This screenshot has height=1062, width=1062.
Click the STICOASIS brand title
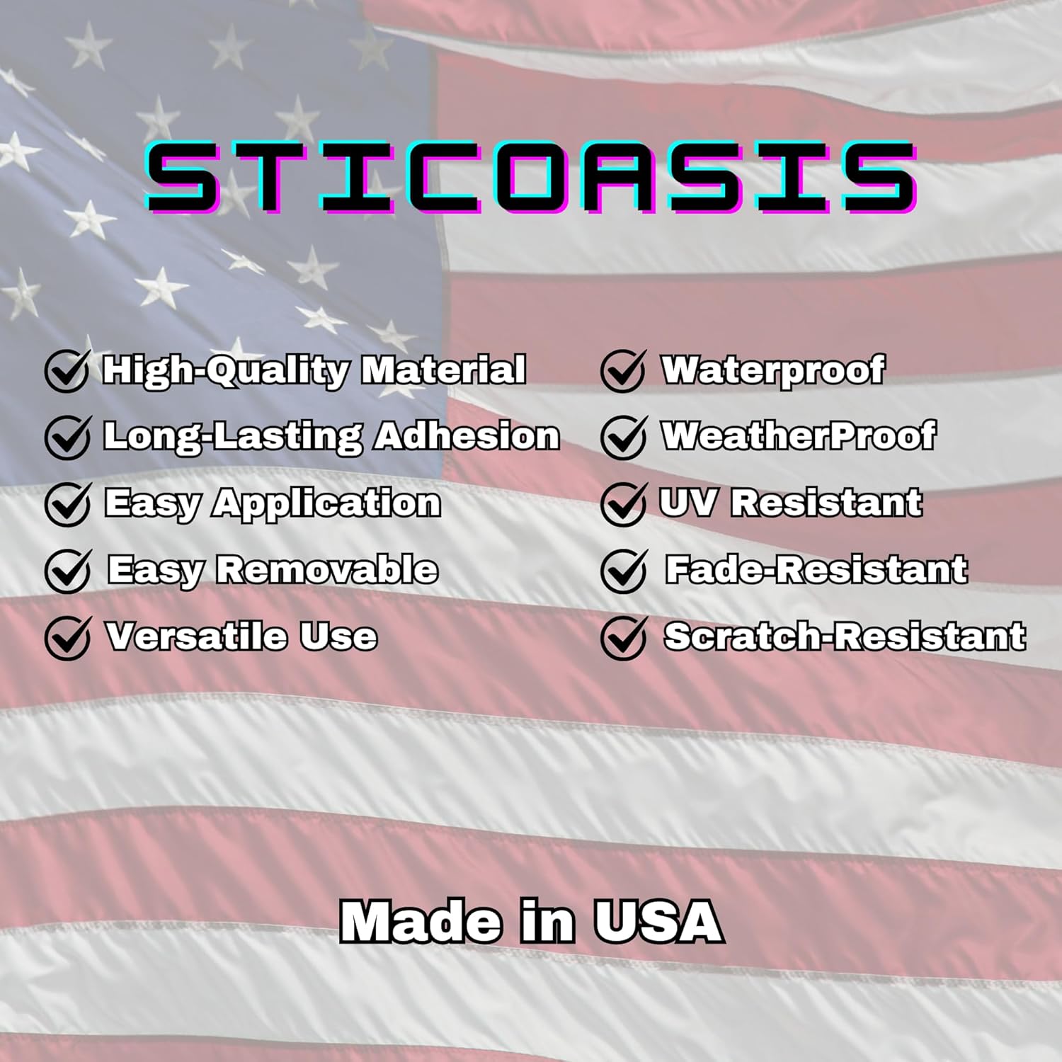point(531,177)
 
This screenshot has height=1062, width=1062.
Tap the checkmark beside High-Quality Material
point(67,370)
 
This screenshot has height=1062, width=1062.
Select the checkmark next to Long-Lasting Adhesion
point(67,437)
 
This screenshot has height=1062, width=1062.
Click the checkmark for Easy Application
point(67,503)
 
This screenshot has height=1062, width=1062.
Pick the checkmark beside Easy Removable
point(67,570)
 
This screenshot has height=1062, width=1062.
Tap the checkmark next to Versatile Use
point(67,636)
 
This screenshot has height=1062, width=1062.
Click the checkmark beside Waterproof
point(624,370)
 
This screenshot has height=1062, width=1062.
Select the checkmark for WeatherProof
point(624,437)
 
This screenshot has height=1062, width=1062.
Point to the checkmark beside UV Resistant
point(624,503)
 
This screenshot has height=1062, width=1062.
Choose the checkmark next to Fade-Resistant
point(624,570)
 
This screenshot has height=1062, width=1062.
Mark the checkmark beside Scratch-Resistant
point(624,636)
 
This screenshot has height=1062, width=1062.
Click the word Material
point(444,370)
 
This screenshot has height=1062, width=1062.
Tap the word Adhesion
point(467,435)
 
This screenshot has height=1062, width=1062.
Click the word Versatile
point(197,636)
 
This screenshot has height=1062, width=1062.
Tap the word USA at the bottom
point(658,921)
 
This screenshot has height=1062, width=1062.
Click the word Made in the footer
point(421,921)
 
